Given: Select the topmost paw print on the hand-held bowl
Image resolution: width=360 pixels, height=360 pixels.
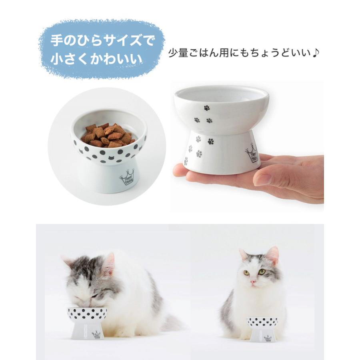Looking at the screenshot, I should (x=206, y=108).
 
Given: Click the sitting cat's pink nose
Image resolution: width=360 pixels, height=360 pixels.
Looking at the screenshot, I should (x=252, y=282).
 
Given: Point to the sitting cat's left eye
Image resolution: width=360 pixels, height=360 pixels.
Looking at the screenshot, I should (x=262, y=272).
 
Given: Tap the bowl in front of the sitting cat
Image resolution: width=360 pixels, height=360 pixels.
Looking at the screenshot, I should (x=262, y=328).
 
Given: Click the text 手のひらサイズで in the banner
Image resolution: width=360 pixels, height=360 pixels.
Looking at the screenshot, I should (x=102, y=41).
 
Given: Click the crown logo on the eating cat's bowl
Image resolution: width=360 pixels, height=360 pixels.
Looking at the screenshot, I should (x=96, y=334).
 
